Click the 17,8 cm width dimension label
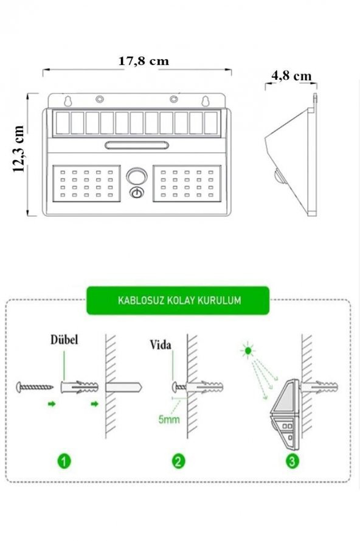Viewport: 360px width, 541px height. pyautogui.click(x=144, y=61)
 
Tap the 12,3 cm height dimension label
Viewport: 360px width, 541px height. pyautogui.click(x=18, y=148)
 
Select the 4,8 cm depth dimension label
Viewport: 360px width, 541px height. pyautogui.click(x=291, y=75)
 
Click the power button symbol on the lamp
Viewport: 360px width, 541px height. pyautogui.click(x=137, y=193)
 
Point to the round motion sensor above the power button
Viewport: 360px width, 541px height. pyautogui.click(x=137, y=176)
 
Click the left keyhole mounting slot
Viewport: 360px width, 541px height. pyautogui.click(x=68, y=101)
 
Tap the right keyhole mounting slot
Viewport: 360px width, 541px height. pyautogui.click(x=206, y=101)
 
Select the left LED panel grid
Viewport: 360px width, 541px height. pyautogui.click(x=86, y=184)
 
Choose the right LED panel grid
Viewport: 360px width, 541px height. pyautogui.click(x=187, y=184)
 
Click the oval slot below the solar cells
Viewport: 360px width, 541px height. pyautogui.click(x=137, y=145)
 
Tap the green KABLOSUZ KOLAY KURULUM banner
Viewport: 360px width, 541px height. pyautogui.click(x=178, y=300)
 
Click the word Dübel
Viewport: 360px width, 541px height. pyautogui.click(x=64, y=340)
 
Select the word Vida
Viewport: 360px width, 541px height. pyautogui.click(x=161, y=344)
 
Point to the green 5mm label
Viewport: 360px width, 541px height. pyautogui.click(x=169, y=419)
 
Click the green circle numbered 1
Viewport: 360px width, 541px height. pyautogui.click(x=64, y=461)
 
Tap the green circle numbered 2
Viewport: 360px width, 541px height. pyautogui.click(x=178, y=461)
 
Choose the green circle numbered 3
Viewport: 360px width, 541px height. pyautogui.click(x=292, y=461)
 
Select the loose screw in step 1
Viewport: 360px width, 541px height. pyautogui.click(x=35, y=387)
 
